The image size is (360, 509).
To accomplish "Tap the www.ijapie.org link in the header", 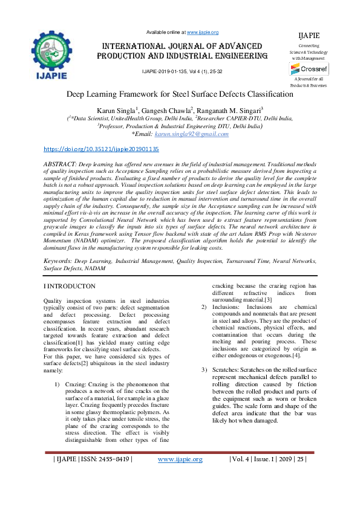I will [x=202, y=32].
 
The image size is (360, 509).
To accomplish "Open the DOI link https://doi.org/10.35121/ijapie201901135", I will [x=102, y=148].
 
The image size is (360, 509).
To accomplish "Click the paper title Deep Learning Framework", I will [x=180, y=94].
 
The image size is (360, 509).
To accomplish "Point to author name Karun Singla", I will [x=116, y=109].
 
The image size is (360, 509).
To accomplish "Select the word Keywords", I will [x=58, y=261].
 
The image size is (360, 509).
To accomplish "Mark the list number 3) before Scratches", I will [x=204, y=369].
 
